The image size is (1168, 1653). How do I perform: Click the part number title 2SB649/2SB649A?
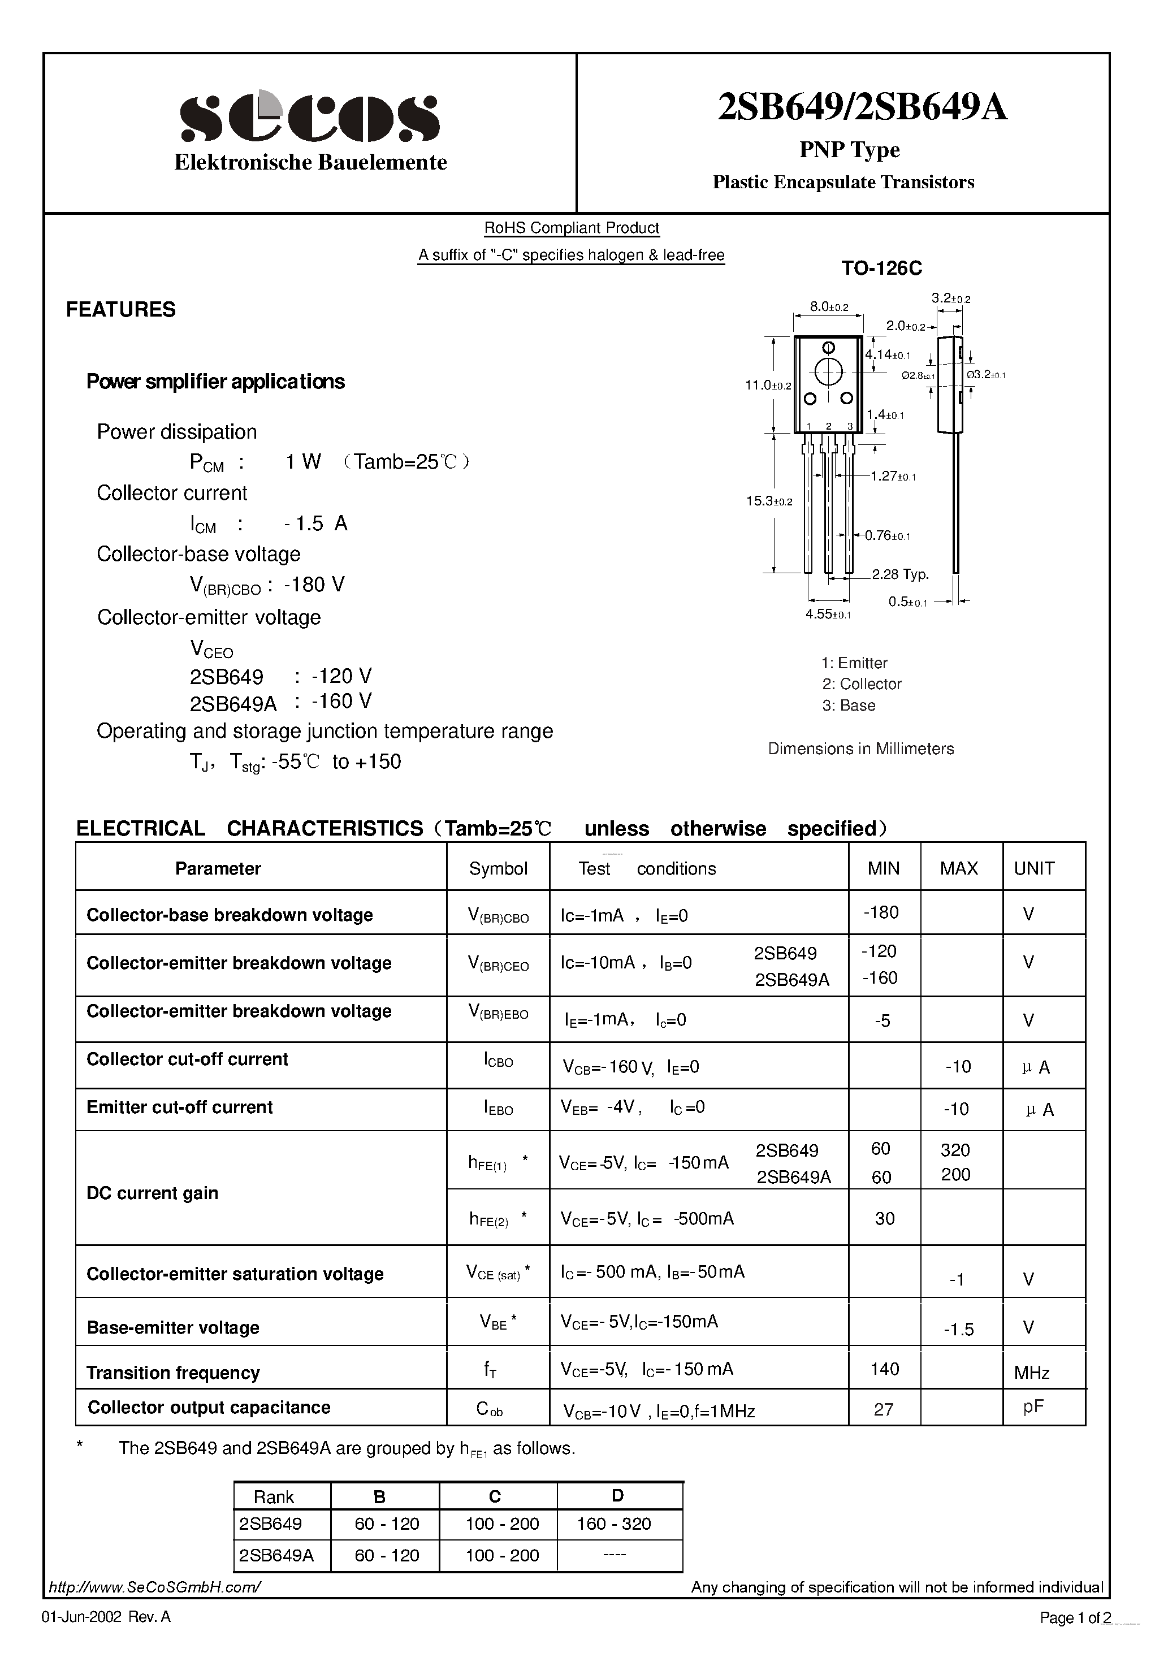[x=862, y=108]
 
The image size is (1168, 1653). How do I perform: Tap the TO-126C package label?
[x=881, y=269]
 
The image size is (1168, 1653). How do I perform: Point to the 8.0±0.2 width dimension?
[x=829, y=307]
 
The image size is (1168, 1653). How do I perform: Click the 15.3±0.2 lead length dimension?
[x=768, y=501]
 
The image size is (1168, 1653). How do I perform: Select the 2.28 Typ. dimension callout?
[x=900, y=574]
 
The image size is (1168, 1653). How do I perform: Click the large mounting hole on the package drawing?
[x=828, y=372]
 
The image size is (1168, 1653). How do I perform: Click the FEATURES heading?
[x=121, y=310]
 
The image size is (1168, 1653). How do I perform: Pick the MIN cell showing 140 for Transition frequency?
[x=884, y=1369]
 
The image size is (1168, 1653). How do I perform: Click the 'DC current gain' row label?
[x=152, y=1193]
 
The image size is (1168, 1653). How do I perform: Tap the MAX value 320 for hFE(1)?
[x=955, y=1150]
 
